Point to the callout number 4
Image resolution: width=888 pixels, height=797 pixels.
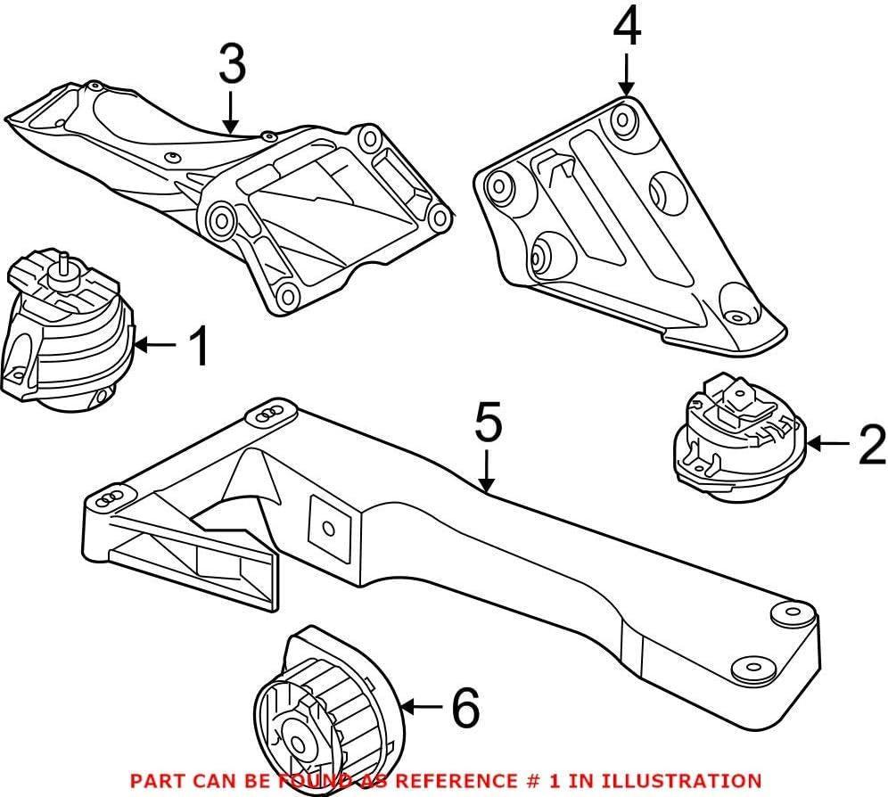point(626,29)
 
